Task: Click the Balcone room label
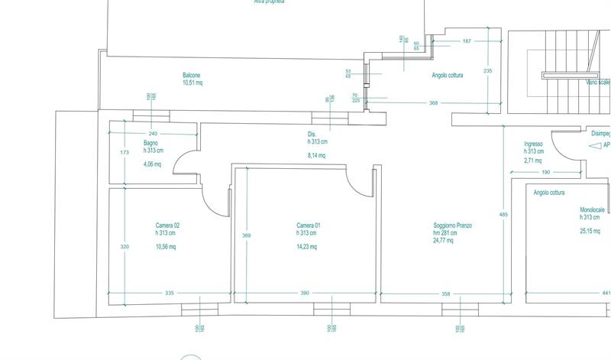coord(192,75)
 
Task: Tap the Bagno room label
coord(150,143)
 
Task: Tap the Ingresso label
coord(533,144)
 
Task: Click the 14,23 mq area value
coord(306,247)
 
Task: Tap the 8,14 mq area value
coord(316,155)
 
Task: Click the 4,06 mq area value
coord(154,164)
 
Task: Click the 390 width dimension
coord(305,294)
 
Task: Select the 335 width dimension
coord(170,294)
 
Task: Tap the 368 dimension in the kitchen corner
coord(433,102)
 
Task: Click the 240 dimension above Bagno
coord(153,133)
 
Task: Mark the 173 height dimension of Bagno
coord(125,153)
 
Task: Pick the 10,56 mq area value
coord(166,247)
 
